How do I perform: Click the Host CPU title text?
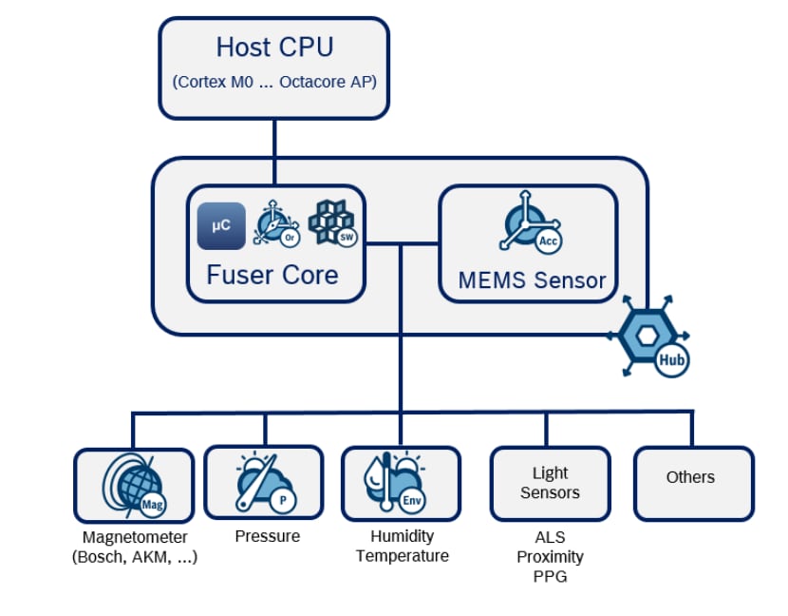point(274,47)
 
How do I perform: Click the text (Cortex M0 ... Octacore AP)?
point(274,82)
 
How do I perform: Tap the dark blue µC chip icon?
point(221,226)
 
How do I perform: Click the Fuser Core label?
point(272,276)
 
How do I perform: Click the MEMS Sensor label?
point(532,280)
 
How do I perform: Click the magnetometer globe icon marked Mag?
point(132,484)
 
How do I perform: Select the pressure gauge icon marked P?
point(263,484)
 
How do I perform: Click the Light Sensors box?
point(550,483)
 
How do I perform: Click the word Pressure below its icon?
point(267,536)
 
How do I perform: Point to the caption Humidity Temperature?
point(402,546)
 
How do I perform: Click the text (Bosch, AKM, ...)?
point(134,558)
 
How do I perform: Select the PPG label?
point(550,576)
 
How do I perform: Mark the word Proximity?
point(550,556)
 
